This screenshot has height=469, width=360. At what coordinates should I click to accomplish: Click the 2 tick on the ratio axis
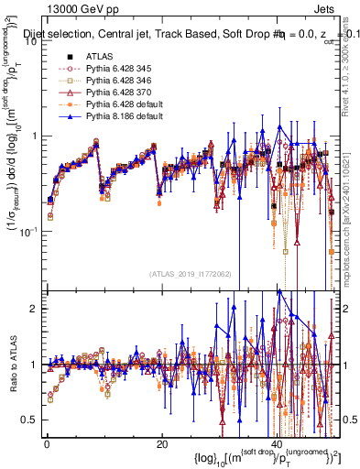pos(35,309)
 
